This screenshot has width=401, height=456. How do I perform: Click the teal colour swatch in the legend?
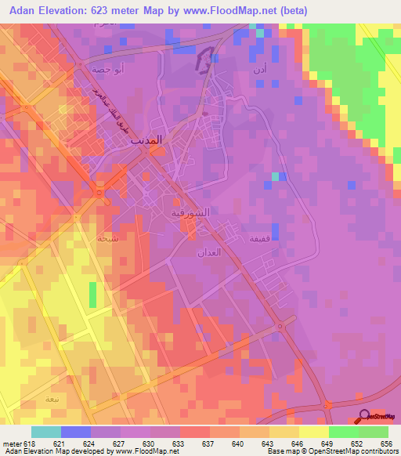point(46,432)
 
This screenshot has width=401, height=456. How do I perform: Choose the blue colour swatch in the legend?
point(76,432)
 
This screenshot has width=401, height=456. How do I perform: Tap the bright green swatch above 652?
point(343,432)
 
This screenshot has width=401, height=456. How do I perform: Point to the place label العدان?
point(210,253)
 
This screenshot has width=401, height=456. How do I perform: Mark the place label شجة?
point(107,239)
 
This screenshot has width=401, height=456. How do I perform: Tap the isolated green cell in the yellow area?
point(93,295)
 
